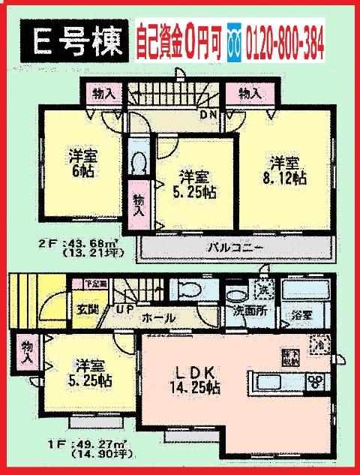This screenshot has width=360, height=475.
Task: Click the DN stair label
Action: [x=208, y=115]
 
